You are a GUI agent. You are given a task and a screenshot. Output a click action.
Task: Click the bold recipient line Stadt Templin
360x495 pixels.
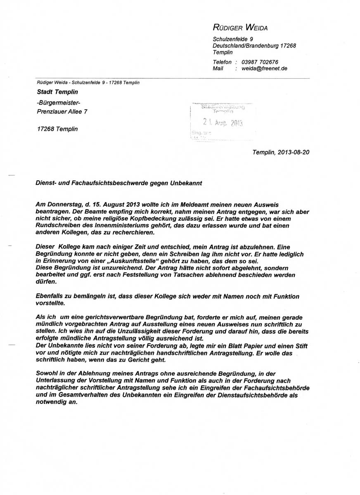(57, 92)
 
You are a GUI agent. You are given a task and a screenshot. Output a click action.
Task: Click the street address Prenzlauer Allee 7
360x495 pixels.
(62, 111)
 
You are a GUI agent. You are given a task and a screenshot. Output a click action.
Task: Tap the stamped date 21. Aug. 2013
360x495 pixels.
(223, 122)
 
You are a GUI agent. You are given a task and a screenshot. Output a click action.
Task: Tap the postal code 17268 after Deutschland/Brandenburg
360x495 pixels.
(288, 46)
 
